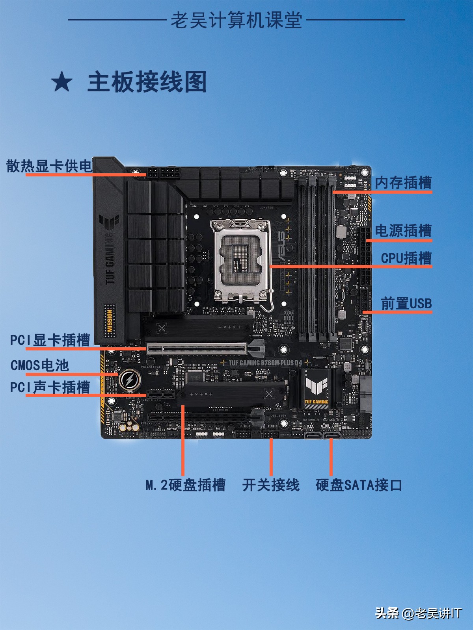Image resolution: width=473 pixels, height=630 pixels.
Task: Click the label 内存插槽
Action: (403, 183)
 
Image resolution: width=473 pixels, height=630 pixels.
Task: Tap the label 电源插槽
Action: (403, 231)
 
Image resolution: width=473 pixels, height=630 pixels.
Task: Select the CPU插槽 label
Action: (406, 258)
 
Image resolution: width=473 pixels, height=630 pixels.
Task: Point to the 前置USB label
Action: (406, 304)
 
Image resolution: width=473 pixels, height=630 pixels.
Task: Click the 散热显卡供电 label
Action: (49, 166)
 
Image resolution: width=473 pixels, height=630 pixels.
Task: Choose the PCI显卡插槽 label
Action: (50, 340)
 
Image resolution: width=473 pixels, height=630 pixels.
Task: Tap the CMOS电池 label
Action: (40, 365)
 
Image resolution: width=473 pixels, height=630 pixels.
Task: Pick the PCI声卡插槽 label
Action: (50, 387)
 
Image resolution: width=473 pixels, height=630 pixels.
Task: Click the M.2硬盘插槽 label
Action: (185, 485)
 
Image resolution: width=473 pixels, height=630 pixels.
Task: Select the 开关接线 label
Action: (271, 485)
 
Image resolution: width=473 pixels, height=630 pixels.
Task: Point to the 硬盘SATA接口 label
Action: (359, 485)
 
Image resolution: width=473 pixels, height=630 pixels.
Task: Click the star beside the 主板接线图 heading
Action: (62, 82)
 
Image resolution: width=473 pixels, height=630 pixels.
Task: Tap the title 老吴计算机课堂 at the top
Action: (236, 20)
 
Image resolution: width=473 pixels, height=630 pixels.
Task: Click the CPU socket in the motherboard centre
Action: (241, 260)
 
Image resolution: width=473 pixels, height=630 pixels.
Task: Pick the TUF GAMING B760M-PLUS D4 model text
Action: (265, 363)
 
